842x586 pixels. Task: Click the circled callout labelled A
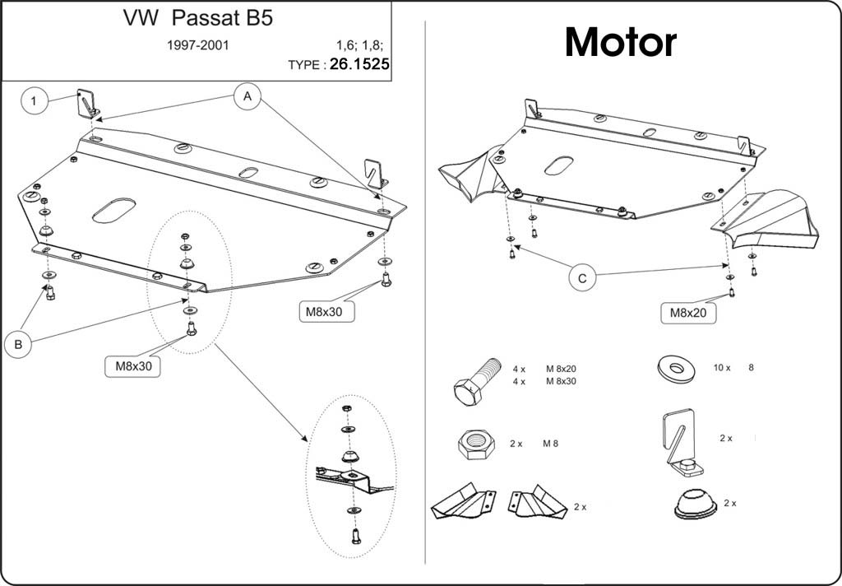pos(247,97)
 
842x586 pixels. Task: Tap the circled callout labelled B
pos(18,344)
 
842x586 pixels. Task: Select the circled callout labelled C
pos(583,277)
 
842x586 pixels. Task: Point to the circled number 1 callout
pos(34,100)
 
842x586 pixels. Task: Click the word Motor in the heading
pos(620,43)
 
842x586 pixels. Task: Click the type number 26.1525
pos(359,64)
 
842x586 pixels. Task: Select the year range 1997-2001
pos(197,45)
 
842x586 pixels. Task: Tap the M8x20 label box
pos(688,313)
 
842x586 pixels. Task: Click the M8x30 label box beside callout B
pos(133,366)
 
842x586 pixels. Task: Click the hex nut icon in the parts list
pos(476,444)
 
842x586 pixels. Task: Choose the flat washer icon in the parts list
pos(676,368)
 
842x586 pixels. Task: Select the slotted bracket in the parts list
pos(681,443)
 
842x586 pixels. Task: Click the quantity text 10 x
pos(722,368)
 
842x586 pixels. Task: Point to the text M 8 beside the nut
pos(550,444)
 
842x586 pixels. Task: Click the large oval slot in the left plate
pos(113,210)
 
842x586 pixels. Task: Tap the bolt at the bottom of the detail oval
pos(355,536)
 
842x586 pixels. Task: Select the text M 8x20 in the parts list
pos(561,369)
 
